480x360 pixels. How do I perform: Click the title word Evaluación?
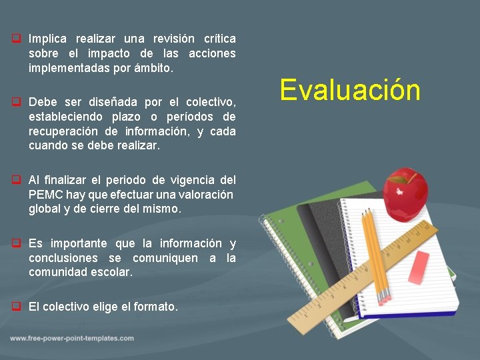tap(350, 90)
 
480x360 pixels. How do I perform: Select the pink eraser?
tap(419, 268)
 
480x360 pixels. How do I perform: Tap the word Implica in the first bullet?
tap(48, 39)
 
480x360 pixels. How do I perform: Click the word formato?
tap(157, 307)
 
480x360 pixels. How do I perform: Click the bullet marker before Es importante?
tap(15, 243)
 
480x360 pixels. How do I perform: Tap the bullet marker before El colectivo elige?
tap(15, 307)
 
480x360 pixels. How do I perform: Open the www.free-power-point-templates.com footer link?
tap(72, 339)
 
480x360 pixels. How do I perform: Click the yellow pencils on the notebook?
tap(373, 253)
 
